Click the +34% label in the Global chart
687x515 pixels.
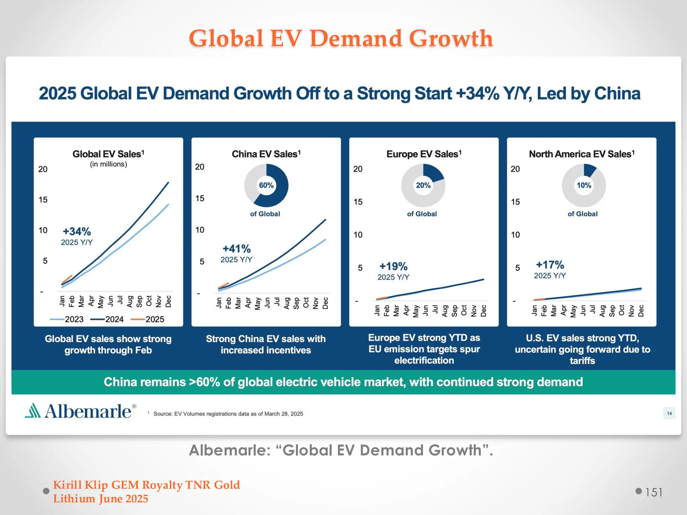[x=77, y=231]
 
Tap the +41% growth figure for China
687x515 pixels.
[x=236, y=249]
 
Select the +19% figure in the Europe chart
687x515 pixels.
[x=393, y=267]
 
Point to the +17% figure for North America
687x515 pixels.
[x=550, y=265]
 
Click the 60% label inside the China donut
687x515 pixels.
[x=266, y=185]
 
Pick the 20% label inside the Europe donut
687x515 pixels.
[x=423, y=185]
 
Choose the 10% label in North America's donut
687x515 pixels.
[x=584, y=185]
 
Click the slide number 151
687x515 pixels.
[x=653, y=492]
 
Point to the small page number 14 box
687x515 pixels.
[x=669, y=413]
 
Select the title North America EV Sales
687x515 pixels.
[x=581, y=154]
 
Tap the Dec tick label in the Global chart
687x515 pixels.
[x=168, y=301]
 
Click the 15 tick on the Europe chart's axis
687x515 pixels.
[x=358, y=202]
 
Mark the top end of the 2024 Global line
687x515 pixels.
[x=168, y=183]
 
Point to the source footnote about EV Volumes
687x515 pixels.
[x=228, y=414]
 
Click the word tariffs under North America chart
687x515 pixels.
[x=582, y=361]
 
